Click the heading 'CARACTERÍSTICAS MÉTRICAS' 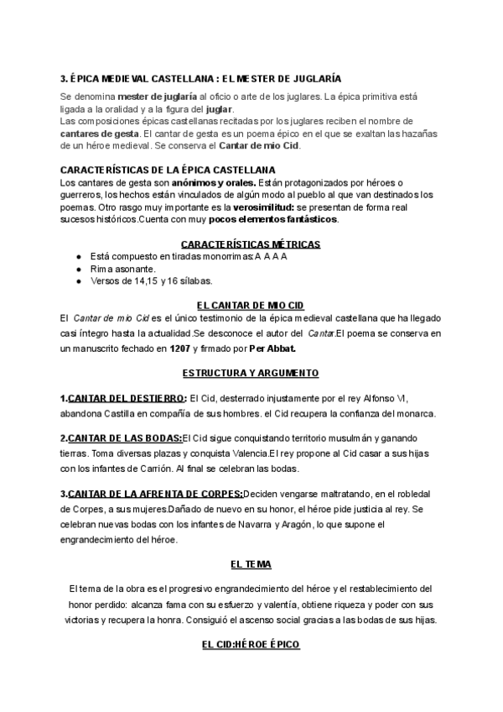(x=251, y=244)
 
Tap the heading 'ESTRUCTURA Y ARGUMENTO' (x=251, y=372)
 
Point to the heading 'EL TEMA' (x=251, y=565)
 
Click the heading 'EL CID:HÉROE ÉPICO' (x=251, y=645)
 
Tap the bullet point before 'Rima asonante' (x=78, y=269)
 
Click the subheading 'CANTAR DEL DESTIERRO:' (x=126, y=398)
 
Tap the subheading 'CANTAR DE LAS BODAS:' (x=123, y=438)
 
